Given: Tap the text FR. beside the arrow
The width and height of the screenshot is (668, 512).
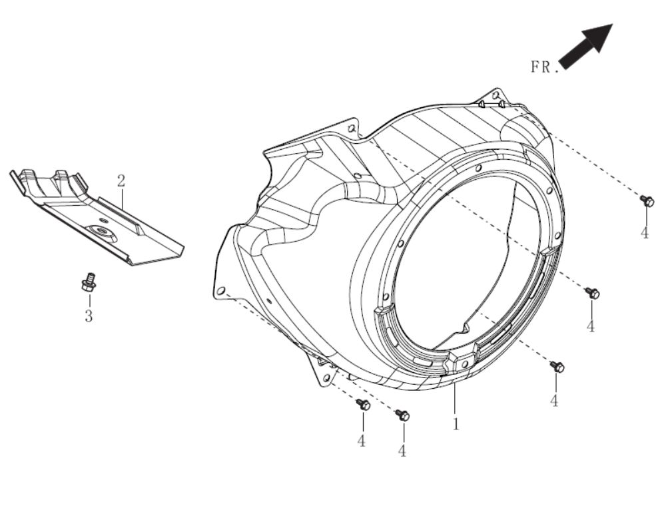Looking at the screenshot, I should pyautogui.click(x=544, y=67).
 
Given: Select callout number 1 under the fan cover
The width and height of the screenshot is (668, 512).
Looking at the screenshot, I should pyautogui.click(x=456, y=423).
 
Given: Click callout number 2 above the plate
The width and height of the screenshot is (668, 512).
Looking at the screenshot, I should pyautogui.click(x=121, y=180).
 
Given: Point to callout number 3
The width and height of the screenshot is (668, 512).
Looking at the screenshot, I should pyautogui.click(x=89, y=316).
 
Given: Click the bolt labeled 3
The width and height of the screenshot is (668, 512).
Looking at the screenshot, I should pyautogui.click(x=87, y=282).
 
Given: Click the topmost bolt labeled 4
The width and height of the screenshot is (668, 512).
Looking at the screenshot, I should pyautogui.click(x=646, y=200).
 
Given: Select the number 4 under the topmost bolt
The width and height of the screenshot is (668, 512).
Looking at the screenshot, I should pyautogui.click(x=645, y=233).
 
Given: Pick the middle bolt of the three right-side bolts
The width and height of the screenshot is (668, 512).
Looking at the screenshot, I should pyautogui.click(x=592, y=293).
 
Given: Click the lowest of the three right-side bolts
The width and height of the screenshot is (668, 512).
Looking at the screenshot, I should pyautogui.click(x=557, y=367).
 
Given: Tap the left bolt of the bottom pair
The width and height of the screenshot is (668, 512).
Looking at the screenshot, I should pyautogui.click(x=363, y=404).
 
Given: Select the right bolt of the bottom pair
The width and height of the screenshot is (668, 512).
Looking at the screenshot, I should pyautogui.click(x=403, y=415).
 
